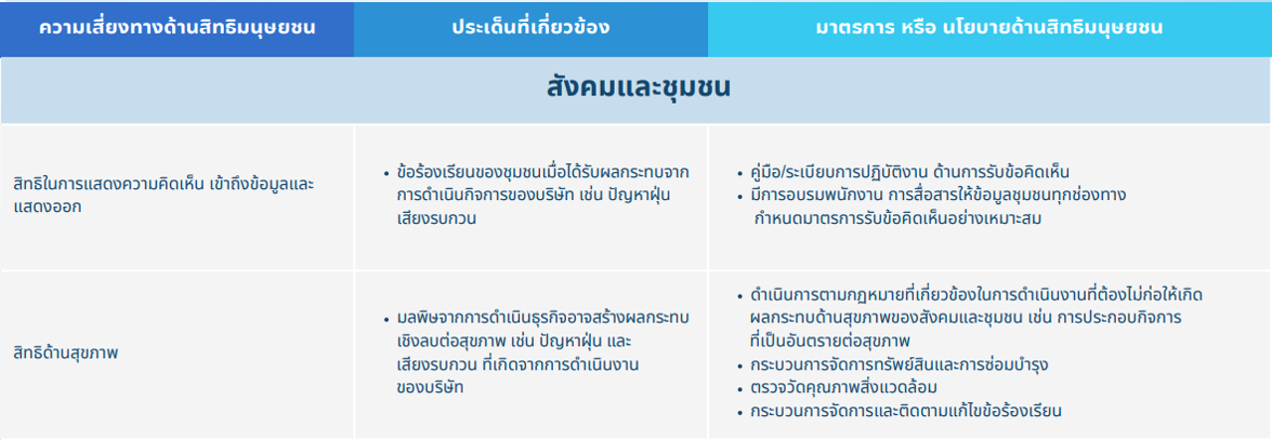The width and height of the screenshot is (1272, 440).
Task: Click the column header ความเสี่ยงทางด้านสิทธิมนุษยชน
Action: (x=177, y=27)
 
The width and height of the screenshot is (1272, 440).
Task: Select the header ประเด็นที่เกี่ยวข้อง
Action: (x=530, y=27)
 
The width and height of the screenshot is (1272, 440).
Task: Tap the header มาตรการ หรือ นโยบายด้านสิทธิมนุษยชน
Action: (x=990, y=27)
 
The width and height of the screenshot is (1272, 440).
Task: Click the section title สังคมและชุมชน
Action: (x=638, y=88)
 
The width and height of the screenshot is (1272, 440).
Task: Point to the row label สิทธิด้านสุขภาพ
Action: (x=66, y=353)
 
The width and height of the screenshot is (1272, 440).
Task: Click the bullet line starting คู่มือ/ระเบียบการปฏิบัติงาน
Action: (x=910, y=172)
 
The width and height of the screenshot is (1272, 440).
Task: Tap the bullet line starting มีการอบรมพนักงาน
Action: (x=938, y=195)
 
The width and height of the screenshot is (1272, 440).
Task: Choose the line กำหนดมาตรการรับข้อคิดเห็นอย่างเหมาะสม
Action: (x=898, y=218)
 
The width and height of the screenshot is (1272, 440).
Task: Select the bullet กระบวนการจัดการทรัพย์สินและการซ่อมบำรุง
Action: (x=899, y=364)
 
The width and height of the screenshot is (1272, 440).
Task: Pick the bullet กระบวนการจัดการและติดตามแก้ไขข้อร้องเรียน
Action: (x=906, y=411)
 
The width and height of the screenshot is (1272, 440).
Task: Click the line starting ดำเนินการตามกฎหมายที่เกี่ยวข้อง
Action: (x=977, y=295)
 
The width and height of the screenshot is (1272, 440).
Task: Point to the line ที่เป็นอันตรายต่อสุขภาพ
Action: (x=829, y=341)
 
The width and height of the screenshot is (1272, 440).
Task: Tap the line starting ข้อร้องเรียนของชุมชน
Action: (x=543, y=172)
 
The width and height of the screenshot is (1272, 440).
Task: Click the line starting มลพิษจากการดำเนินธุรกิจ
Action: (x=543, y=318)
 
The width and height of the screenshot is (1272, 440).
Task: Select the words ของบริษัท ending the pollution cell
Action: (x=430, y=387)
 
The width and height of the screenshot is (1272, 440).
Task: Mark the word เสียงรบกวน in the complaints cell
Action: (x=437, y=218)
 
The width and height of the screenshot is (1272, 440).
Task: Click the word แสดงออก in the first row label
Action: (x=47, y=206)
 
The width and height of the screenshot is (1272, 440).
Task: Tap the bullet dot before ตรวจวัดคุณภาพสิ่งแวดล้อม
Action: (x=740, y=390)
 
